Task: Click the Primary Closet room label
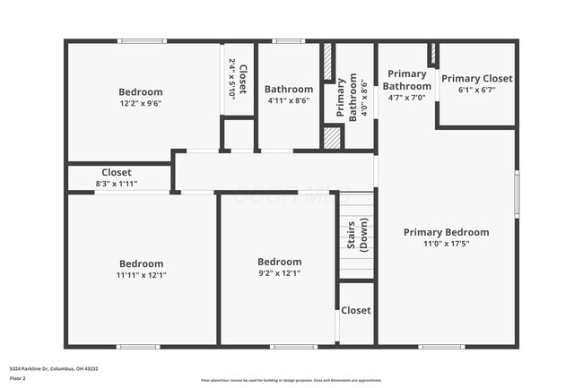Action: pyautogui.click(x=476, y=79)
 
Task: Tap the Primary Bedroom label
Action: pyautogui.click(x=446, y=232)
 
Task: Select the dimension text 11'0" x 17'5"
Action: pyautogui.click(x=446, y=243)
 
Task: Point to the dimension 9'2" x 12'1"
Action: pyautogui.click(x=279, y=273)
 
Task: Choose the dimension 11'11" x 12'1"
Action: pyautogui.click(x=142, y=275)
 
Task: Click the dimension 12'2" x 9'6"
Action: pyautogui.click(x=141, y=103)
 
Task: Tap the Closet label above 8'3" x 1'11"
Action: pyautogui.click(x=117, y=172)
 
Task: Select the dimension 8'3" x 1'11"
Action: pyautogui.click(x=117, y=184)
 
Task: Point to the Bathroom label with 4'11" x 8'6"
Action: pyautogui.click(x=289, y=90)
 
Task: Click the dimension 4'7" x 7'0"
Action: pyautogui.click(x=407, y=98)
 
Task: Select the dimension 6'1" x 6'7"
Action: pyautogui.click(x=476, y=90)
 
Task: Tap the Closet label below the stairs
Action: pyautogui.click(x=355, y=310)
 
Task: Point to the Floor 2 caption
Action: pyautogui.click(x=19, y=378)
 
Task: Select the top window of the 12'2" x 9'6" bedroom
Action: pyautogui.click(x=142, y=41)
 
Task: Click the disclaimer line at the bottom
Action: pyautogui.click(x=291, y=380)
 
